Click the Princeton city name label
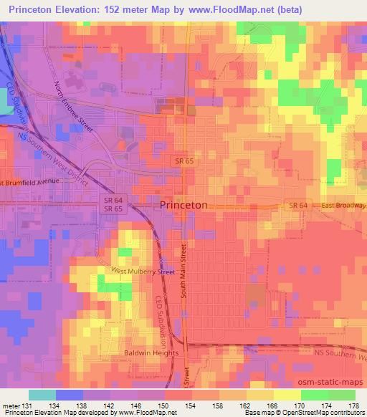(183, 205)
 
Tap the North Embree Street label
(75, 106)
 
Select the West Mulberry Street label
(143, 272)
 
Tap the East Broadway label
(343, 206)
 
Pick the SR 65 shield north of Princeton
(183, 162)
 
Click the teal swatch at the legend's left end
(43, 395)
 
